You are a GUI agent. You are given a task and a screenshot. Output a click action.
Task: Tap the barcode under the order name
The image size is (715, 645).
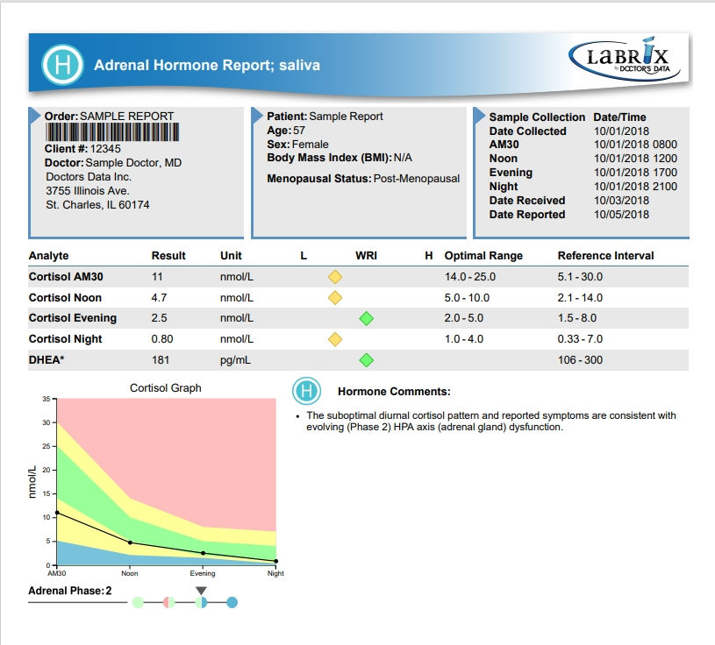point(112,132)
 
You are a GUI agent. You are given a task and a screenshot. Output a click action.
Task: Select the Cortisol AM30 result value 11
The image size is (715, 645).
point(158,276)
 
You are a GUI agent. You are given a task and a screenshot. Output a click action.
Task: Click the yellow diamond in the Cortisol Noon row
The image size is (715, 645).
point(334,297)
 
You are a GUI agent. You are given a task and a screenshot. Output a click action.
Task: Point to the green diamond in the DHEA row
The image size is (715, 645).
point(367,360)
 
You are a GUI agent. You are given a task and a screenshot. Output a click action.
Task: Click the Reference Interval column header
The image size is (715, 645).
point(605,256)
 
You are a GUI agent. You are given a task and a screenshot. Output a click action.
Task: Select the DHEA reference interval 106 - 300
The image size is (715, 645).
point(582,360)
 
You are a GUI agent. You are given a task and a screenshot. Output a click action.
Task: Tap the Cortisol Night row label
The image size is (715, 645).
point(65,339)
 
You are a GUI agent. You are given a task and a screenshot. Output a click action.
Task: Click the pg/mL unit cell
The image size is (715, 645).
point(235,360)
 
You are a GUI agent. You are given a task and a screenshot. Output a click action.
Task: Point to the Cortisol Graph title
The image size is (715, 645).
point(165,387)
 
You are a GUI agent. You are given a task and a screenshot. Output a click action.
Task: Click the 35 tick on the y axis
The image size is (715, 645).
point(46,399)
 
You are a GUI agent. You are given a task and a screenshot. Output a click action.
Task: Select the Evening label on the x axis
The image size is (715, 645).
point(203,574)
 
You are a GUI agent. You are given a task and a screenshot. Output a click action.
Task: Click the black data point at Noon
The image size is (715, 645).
point(130,542)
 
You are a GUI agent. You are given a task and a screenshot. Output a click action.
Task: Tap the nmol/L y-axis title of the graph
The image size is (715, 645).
point(32,482)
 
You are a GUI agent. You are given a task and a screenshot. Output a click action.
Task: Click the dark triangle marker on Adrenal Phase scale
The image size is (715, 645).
point(201,591)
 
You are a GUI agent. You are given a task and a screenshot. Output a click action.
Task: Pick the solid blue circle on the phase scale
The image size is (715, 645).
point(232,602)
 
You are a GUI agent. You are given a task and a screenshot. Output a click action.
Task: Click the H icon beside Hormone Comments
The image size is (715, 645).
point(306,391)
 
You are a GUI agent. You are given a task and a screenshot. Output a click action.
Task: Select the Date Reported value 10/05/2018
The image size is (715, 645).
point(622,215)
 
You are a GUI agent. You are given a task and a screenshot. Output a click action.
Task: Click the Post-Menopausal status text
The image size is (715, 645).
point(417,179)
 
